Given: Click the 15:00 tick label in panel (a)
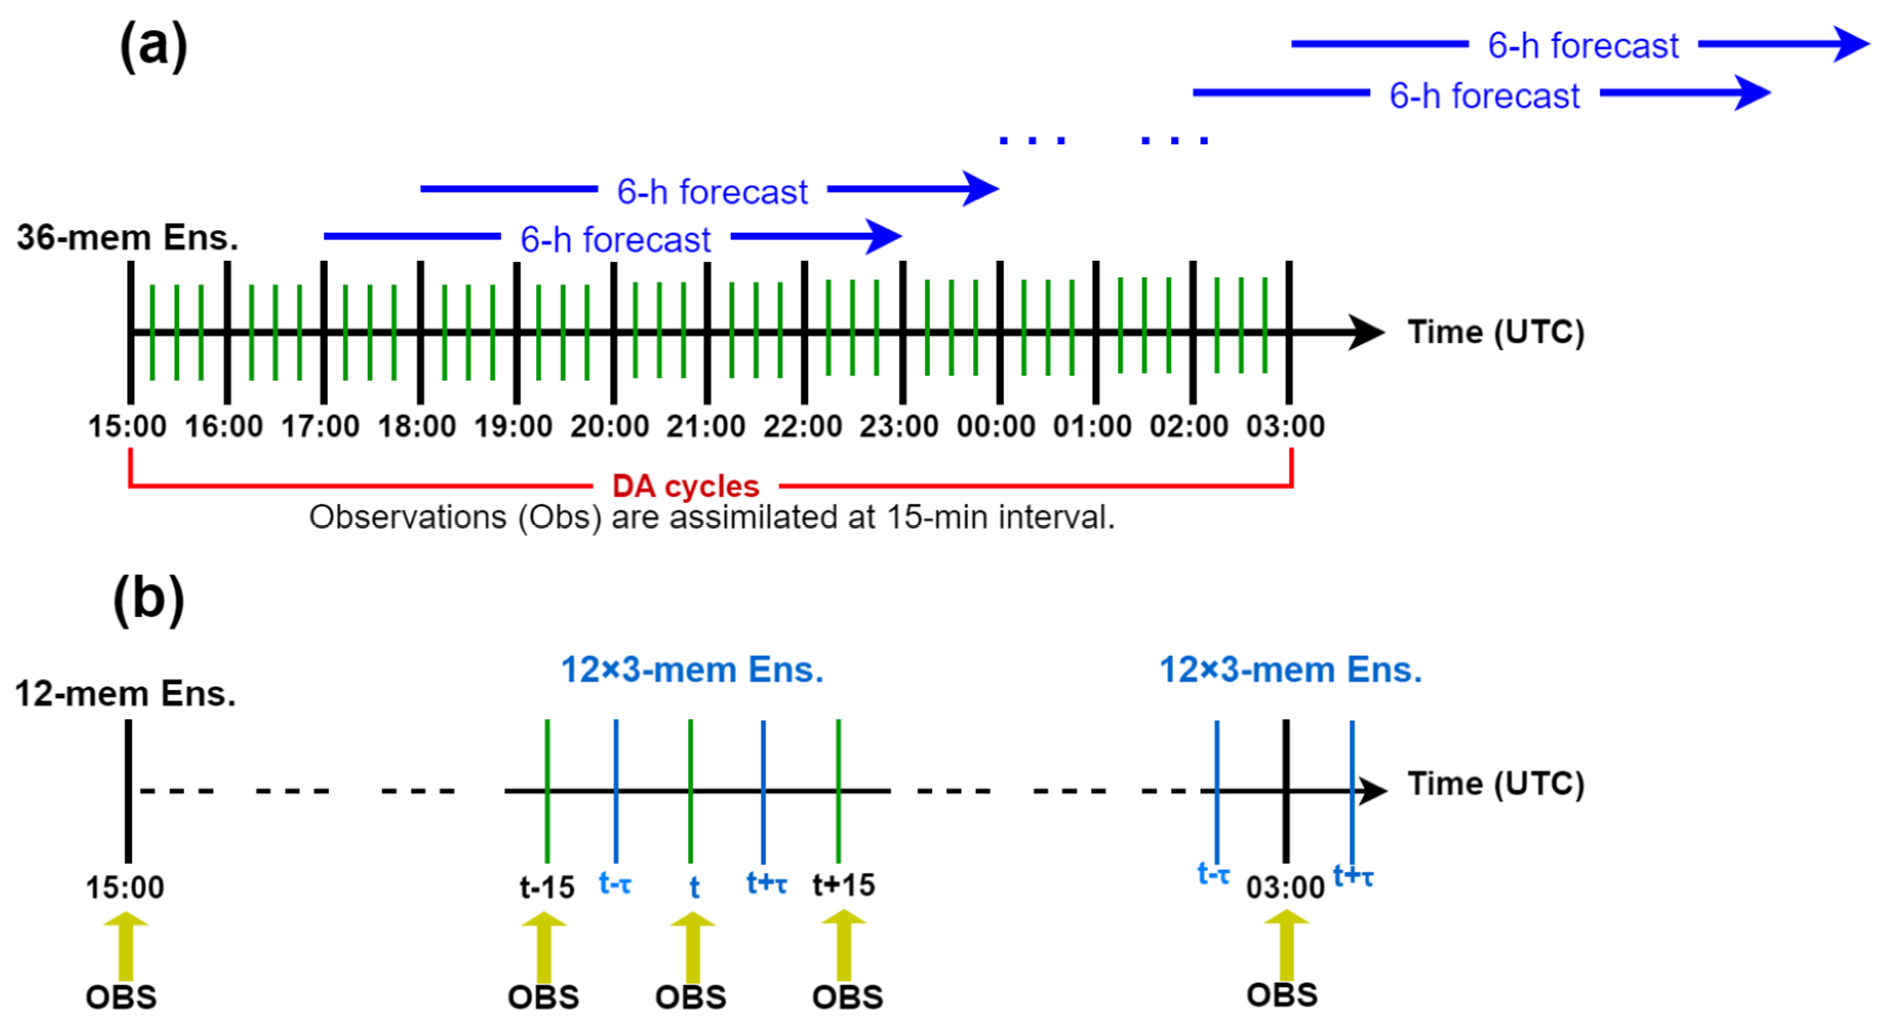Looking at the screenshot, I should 127,426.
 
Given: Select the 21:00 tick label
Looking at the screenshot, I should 706,426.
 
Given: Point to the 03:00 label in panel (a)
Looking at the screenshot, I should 1286,426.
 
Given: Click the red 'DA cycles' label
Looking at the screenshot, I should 685,486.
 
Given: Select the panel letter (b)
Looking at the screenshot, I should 149,599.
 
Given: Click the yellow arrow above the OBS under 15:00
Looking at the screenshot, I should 126,945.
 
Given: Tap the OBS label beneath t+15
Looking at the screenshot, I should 847,997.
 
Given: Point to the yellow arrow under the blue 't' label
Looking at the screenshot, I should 692,947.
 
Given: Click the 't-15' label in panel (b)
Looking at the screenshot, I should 547,887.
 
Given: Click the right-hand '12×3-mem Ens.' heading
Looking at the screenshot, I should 1291,669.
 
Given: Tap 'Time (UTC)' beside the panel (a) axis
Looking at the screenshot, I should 1496,332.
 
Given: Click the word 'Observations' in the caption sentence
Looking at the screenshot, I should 408,517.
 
